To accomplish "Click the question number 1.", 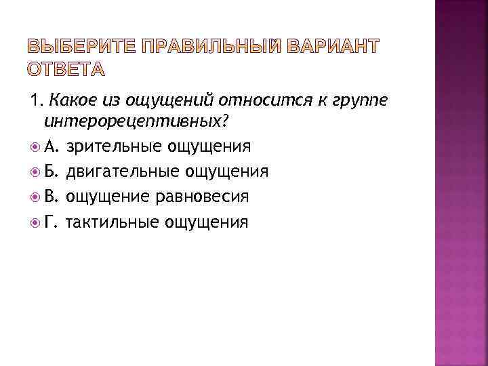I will tap(33, 102).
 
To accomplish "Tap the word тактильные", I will tap(113, 222).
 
